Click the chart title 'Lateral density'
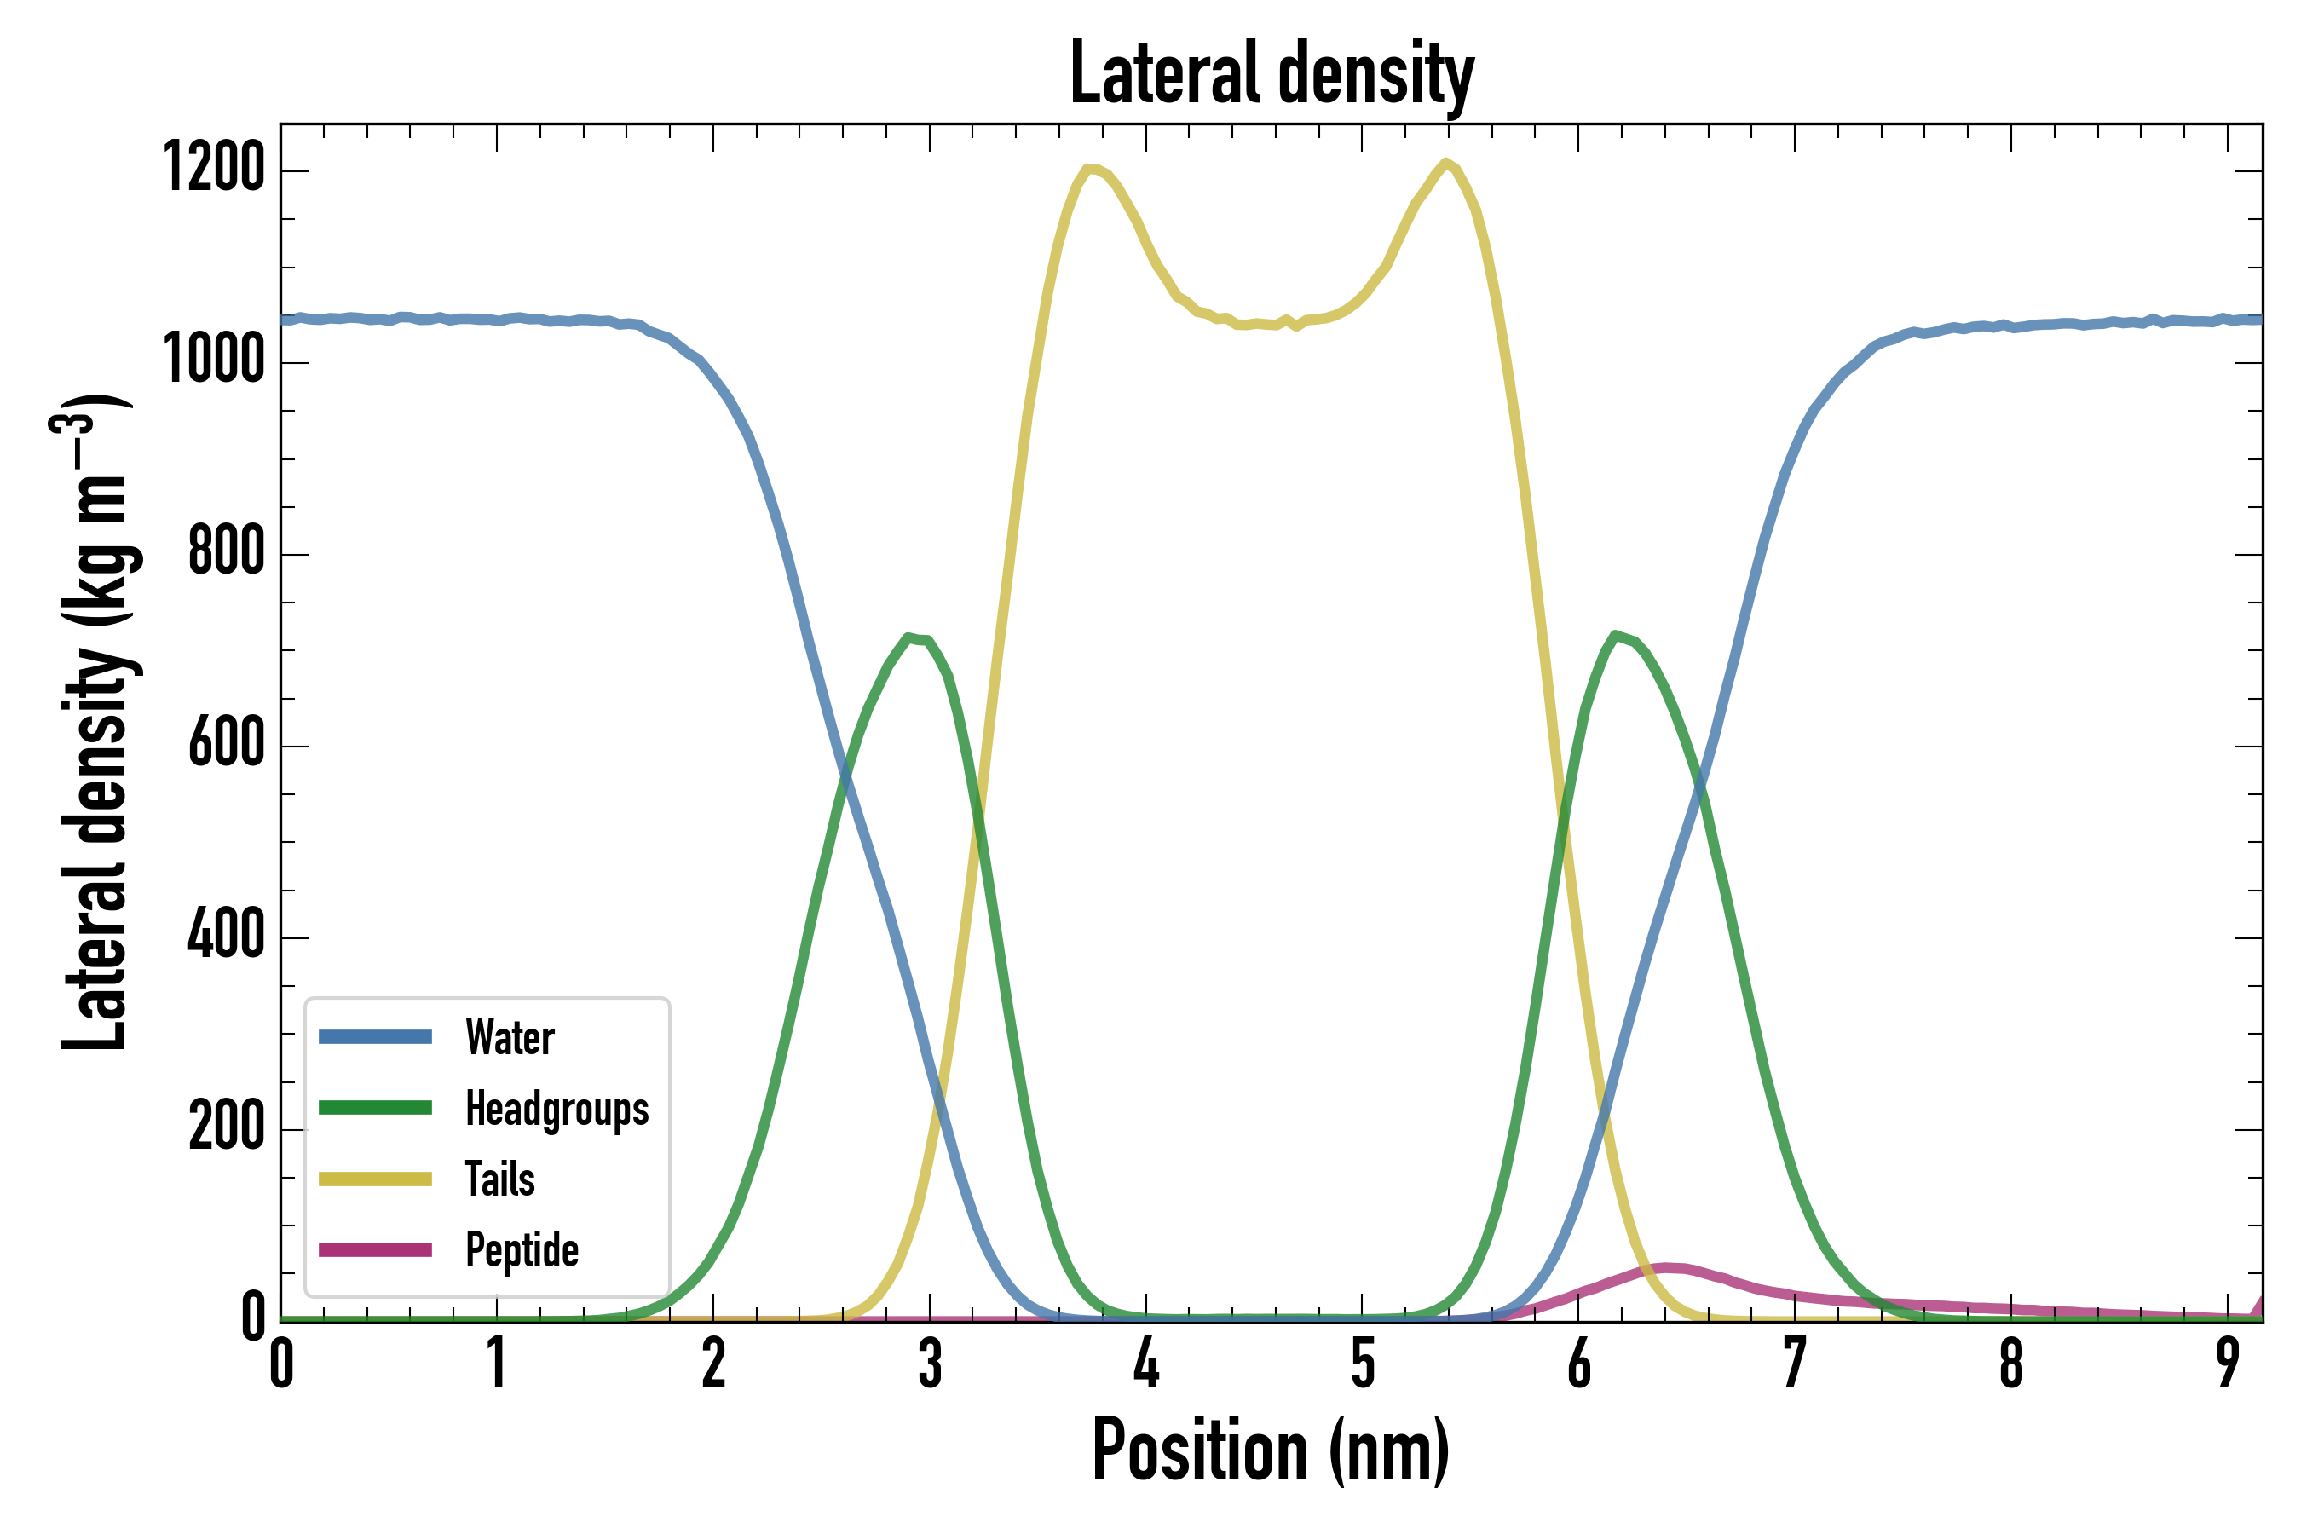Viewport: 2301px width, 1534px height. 1272,73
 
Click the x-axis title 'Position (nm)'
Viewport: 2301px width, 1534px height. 1270,1450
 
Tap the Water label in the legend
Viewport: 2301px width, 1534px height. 510,1038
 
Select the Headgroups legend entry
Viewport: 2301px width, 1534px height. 557,1109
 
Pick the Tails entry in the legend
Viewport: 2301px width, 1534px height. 500,1179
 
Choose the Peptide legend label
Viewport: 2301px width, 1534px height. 522,1250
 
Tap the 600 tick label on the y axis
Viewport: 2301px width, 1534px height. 226,743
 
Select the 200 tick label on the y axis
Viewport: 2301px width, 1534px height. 226,1127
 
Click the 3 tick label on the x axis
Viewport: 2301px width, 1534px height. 931,1364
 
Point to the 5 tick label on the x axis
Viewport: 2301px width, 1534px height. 1363,1364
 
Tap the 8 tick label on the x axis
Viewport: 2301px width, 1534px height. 2011,1364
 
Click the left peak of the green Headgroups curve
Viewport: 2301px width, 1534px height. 910,637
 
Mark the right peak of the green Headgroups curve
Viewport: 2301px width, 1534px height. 1614,635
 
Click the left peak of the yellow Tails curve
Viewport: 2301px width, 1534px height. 1090,168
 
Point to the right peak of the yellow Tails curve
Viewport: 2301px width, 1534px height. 1445,163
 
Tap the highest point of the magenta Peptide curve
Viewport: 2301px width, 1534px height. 1667,1268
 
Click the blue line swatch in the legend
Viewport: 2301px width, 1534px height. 375,1037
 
